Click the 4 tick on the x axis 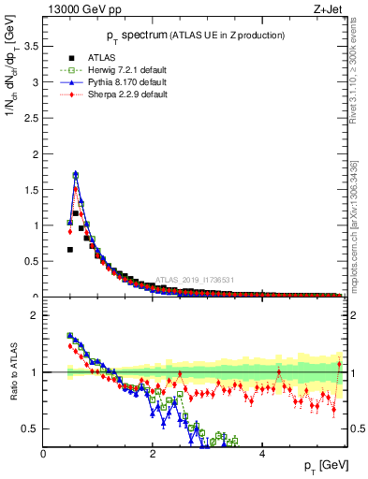pyautogui.click(x=261, y=454)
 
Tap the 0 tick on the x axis pyautogui.click(x=44, y=454)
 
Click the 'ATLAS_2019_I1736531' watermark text pyautogui.click(x=195, y=280)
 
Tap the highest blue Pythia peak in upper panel pyautogui.click(x=75, y=173)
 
